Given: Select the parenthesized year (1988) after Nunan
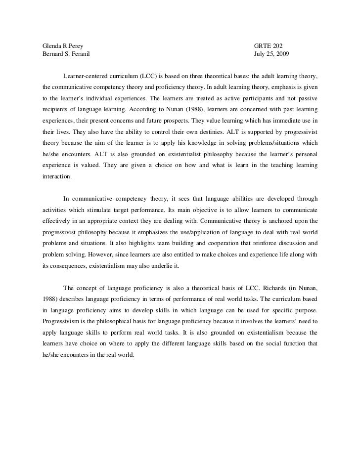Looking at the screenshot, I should tap(189, 108).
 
